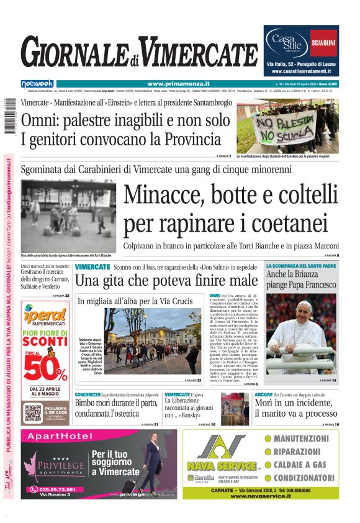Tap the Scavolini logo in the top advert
[323, 43]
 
